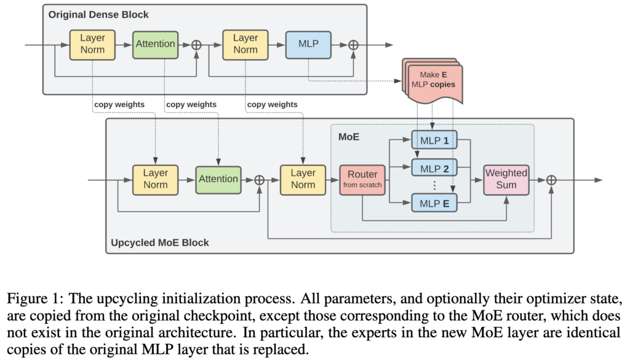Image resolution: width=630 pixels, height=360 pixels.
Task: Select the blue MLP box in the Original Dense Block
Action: pos(308,44)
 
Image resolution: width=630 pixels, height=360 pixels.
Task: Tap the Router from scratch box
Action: pos(362,178)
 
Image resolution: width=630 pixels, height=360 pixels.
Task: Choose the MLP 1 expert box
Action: pos(434,140)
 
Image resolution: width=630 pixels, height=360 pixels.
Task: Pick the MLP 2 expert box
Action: pos(434,168)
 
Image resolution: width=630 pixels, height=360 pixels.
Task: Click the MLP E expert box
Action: pos(434,201)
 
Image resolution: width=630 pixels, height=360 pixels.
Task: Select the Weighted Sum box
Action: pos(506,178)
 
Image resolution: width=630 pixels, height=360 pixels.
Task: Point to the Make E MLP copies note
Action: pos(433,80)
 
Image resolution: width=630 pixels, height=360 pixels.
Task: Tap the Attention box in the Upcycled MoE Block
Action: pos(218,178)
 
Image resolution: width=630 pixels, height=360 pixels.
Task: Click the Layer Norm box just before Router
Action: pos(303,178)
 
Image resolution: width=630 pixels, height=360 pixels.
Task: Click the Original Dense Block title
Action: pos(100,14)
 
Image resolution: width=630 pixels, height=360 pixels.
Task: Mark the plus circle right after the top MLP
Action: pos(353,44)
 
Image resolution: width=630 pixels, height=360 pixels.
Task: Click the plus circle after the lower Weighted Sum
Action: pos(551,179)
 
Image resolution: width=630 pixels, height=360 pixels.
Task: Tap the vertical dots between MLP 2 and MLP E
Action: pos(434,185)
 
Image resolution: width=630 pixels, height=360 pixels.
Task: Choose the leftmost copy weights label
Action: pos(119,105)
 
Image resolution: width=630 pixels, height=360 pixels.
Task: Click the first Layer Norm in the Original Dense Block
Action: pos(93,44)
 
